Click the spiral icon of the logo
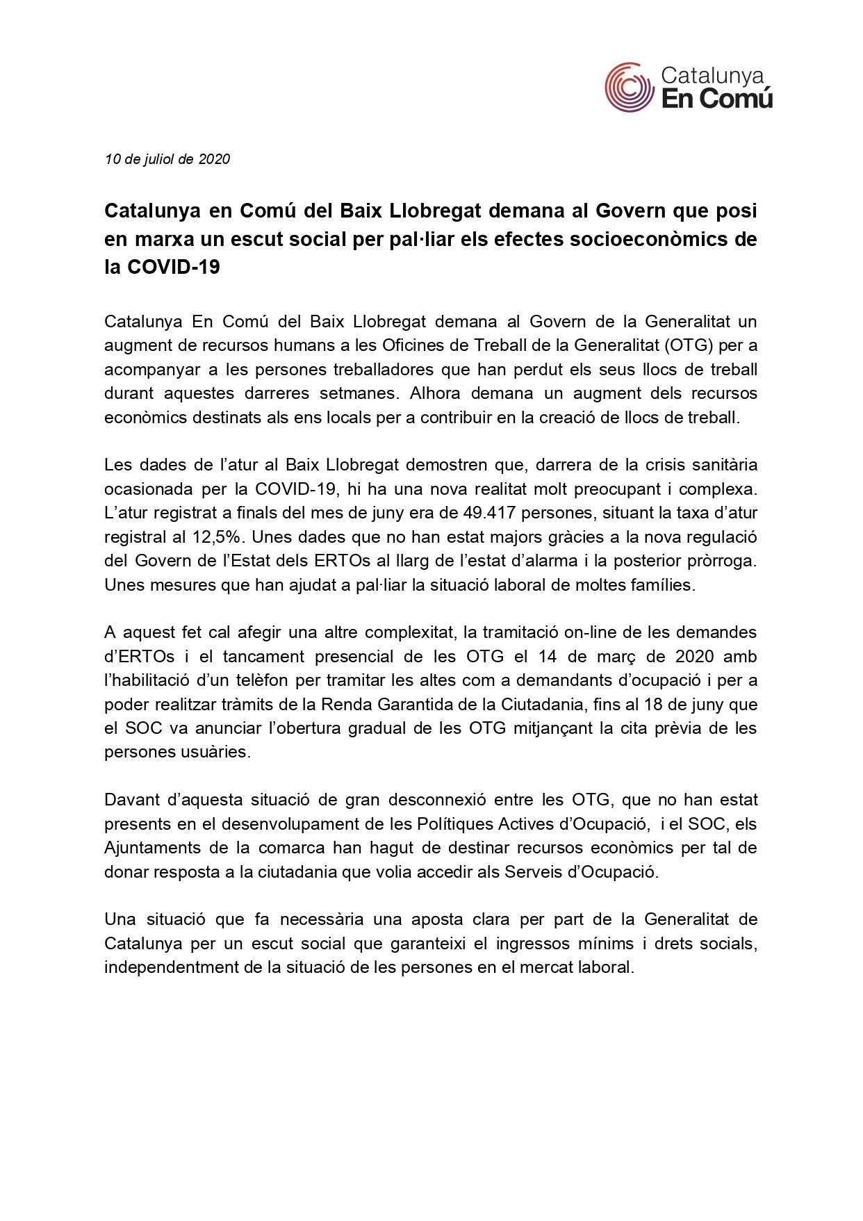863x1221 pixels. coord(630,88)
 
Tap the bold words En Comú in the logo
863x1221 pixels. coord(716,99)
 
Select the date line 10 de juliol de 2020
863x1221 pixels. coord(167,159)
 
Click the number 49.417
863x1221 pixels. coord(489,513)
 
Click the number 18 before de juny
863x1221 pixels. coord(652,705)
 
